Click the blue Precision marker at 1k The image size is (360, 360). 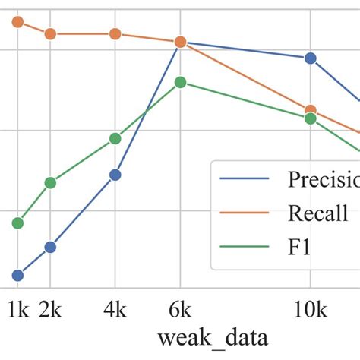[x=18, y=276]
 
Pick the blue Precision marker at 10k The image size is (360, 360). [x=310, y=58]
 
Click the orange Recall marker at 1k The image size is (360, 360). [x=18, y=22]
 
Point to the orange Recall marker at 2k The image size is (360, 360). [x=50, y=33]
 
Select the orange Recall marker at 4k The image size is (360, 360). [x=115, y=33]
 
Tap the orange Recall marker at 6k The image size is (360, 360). [x=180, y=43]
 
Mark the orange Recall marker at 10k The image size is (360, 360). [x=310, y=111]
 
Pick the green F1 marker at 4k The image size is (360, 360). [x=115, y=138]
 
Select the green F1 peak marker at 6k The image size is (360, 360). [x=180, y=82]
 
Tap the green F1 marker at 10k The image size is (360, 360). [x=310, y=118]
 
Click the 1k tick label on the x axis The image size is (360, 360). [x=18, y=310]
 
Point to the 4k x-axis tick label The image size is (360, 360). [x=115, y=310]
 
